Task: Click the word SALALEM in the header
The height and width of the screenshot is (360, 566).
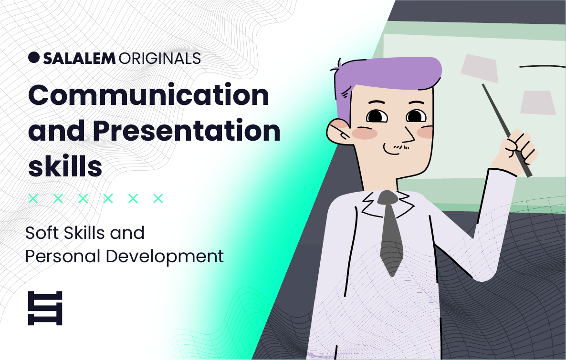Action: point(79,59)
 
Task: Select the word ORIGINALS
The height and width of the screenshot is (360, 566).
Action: point(159,59)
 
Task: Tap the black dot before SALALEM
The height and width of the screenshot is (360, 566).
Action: point(33,57)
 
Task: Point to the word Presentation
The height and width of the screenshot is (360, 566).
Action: point(187,131)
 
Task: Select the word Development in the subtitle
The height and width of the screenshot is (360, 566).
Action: point(165,257)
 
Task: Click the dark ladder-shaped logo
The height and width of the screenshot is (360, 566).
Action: point(45,308)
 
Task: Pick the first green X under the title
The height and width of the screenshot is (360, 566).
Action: point(33,198)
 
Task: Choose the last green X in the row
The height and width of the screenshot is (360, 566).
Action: point(158,198)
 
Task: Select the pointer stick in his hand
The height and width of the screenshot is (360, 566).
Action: point(507,130)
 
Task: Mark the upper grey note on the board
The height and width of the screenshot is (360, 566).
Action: point(479,69)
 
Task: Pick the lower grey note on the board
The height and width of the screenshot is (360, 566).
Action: point(538,103)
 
